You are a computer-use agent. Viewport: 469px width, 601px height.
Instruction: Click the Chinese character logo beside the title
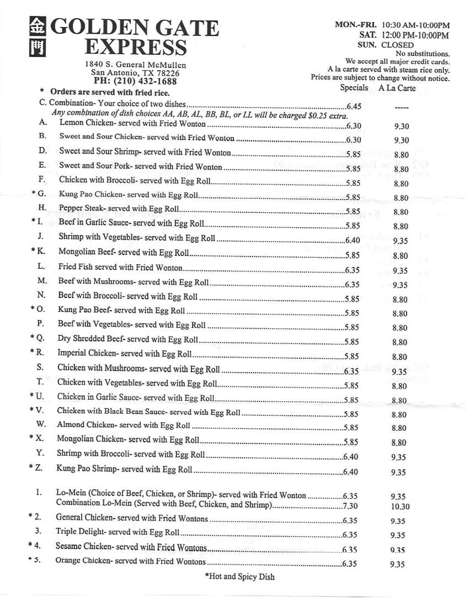37,37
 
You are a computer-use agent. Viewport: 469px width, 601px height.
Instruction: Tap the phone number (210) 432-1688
145,81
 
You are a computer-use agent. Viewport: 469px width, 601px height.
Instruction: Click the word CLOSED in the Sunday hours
396,45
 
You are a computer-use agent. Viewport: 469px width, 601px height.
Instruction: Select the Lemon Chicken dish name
83,123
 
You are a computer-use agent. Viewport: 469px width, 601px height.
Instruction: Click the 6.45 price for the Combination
354,106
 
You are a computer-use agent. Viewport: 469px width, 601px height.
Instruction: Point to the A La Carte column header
397,88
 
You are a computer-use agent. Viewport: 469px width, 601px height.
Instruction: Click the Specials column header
354,88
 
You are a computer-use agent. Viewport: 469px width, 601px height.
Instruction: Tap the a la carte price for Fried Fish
400,270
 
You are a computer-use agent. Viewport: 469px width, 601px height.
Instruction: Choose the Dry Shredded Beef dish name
86,339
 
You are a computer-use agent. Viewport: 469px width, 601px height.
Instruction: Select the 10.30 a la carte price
400,507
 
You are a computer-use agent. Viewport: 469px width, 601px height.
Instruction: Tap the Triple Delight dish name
80,531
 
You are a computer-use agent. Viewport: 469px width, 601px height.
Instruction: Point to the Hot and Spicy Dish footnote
240,576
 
